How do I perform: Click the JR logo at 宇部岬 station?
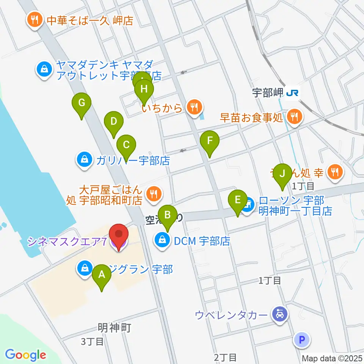[x=293, y=93]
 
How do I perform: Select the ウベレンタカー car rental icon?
[x=280, y=314]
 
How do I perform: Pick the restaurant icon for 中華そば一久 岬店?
[x=35, y=20]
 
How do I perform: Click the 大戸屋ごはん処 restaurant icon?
[x=153, y=194]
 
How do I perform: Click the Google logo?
[x=25, y=355]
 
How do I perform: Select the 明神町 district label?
[x=114, y=327]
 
